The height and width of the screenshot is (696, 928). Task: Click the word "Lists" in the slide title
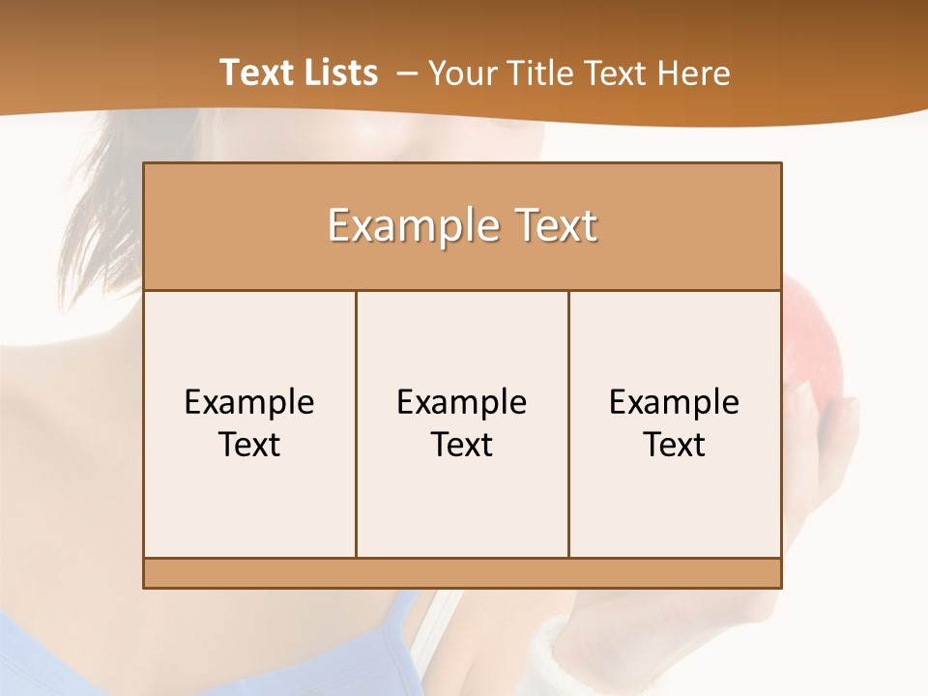click(x=339, y=72)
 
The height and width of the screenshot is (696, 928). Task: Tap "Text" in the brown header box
click(x=555, y=226)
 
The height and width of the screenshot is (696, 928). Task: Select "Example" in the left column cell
click(x=249, y=402)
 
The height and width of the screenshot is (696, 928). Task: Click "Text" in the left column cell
click(x=249, y=445)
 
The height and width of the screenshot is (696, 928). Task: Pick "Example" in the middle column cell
click(x=462, y=402)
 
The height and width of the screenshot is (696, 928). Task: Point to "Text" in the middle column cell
click(x=462, y=445)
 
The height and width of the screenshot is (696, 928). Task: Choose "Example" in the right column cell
click(x=675, y=402)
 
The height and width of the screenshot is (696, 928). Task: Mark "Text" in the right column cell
click(x=675, y=445)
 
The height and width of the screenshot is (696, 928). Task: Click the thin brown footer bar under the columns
click(x=462, y=573)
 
